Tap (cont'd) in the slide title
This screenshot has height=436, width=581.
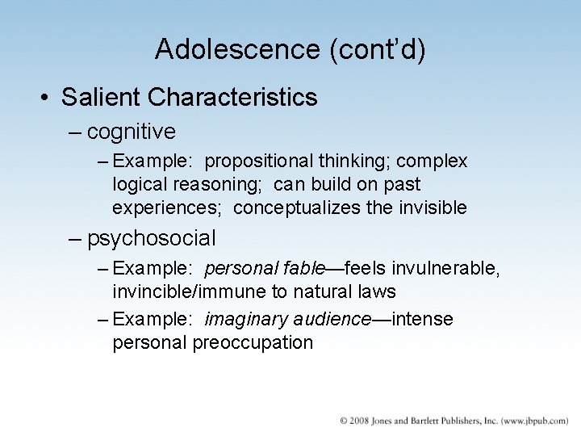pyautogui.click(x=376, y=50)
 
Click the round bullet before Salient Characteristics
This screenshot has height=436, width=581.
pyautogui.click(x=45, y=99)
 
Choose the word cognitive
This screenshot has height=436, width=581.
pyautogui.click(x=131, y=131)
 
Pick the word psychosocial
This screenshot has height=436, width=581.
pyautogui.click(x=152, y=238)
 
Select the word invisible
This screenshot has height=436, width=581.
pyautogui.click(x=433, y=208)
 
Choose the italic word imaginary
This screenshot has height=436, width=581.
pyautogui.click(x=243, y=320)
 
